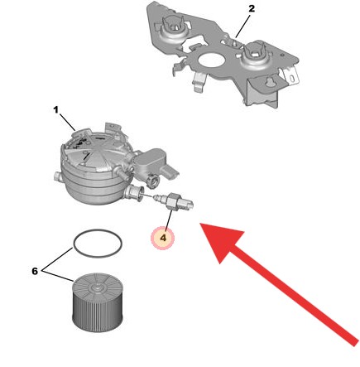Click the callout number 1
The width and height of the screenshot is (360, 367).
(x=55, y=109)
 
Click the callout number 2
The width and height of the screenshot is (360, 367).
(x=252, y=8)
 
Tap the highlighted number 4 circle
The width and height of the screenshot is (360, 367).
(x=163, y=239)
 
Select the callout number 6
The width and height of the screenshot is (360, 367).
(x=35, y=271)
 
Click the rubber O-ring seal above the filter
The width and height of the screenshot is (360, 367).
(x=98, y=244)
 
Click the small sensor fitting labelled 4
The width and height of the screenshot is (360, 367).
(x=175, y=200)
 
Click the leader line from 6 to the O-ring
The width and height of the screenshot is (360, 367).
(x=58, y=259)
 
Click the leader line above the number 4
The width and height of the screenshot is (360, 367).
(x=167, y=218)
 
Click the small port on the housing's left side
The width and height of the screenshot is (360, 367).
(x=55, y=176)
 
